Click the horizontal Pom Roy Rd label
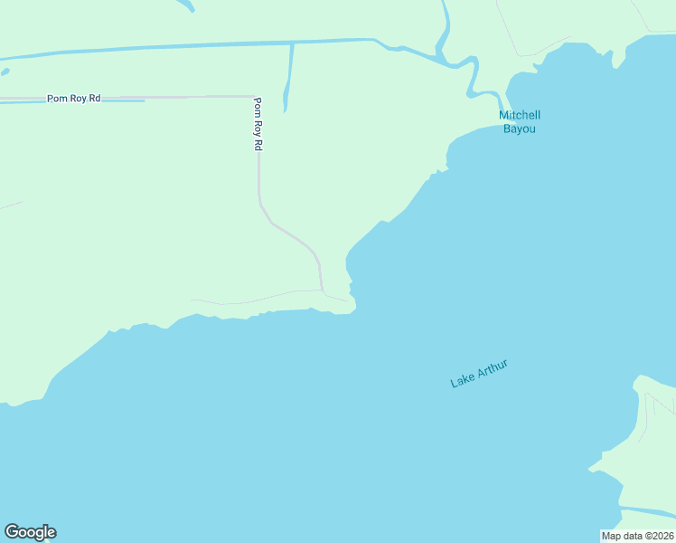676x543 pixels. click(x=74, y=98)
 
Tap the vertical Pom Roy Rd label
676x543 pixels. click(x=258, y=124)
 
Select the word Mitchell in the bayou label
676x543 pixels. click(x=520, y=116)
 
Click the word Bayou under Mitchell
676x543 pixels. click(x=520, y=129)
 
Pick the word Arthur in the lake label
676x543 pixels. click(x=492, y=367)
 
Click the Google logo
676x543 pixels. click(x=30, y=532)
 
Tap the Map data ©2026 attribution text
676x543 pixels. click(x=637, y=536)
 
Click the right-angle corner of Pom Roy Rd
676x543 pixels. click(x=258, y=96)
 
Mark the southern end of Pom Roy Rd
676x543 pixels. click(x=323, y=290)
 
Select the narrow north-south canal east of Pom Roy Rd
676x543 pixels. click(x=289, y=77)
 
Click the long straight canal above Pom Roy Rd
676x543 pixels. click(x=181, y=45)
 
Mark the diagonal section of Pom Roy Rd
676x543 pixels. click(x=289, y=231)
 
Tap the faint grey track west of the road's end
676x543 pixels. click(x=244, y=300)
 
